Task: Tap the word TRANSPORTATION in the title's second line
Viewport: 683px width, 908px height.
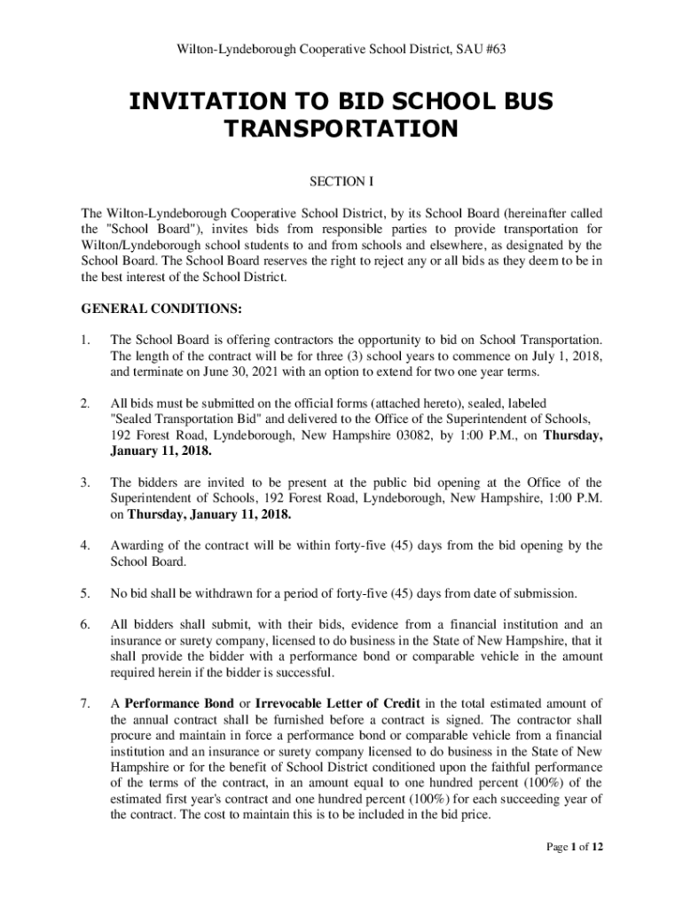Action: (x=341, y=130)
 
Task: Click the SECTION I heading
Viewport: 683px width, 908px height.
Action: (x=341, y=182)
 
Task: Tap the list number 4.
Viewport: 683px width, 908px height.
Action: (x=84, y=545)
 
